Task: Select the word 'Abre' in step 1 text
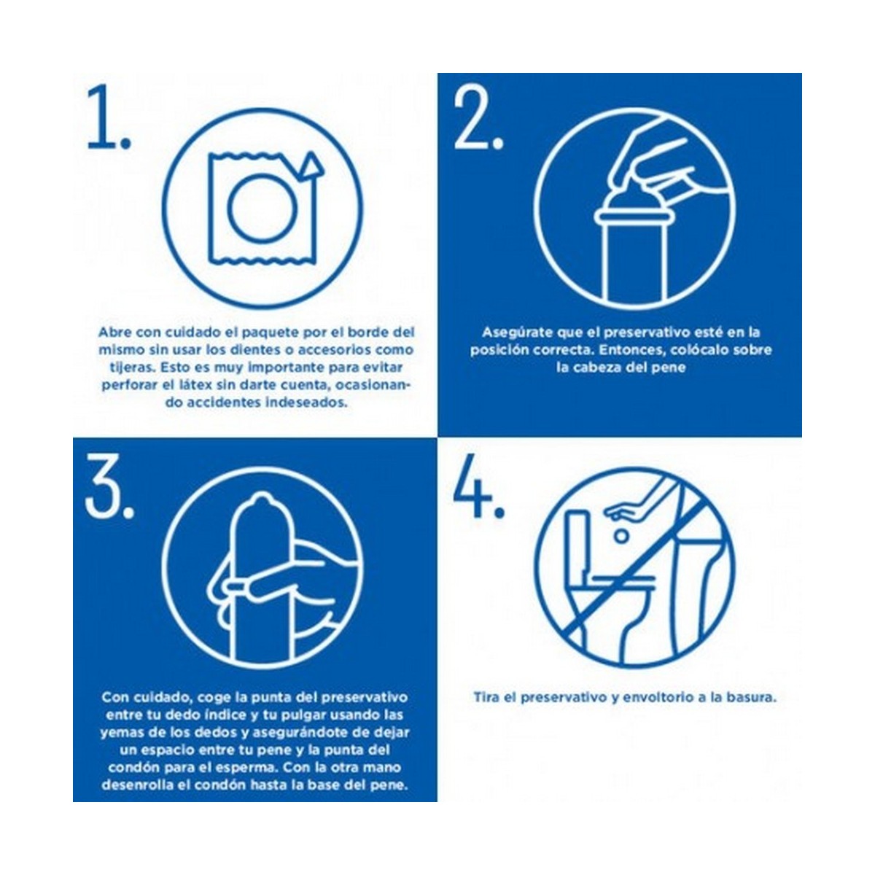click(x=115, y=332)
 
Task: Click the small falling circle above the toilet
click(x=622, y=536)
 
